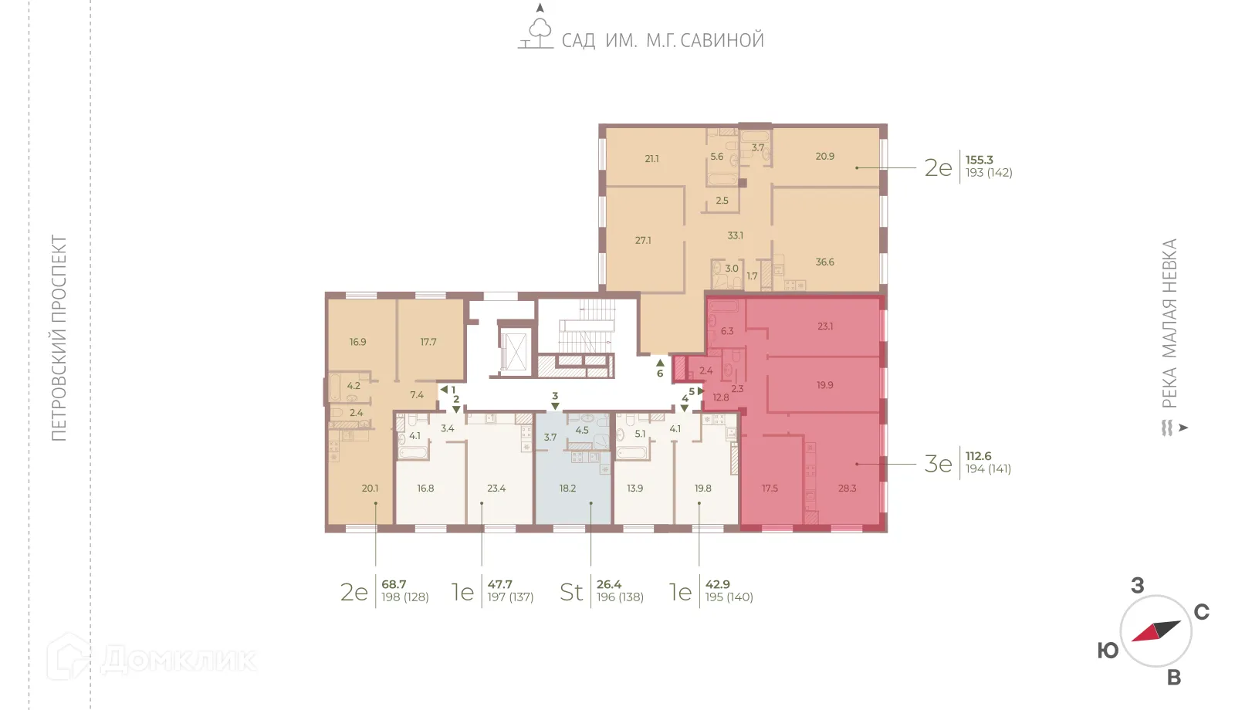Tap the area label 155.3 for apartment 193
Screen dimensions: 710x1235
pos(979,160)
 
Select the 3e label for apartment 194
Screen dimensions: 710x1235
pos(938,464)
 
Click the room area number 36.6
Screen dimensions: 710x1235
pos(824,262)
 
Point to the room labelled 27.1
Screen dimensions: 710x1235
pos(643,241)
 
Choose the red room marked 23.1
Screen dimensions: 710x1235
pos(825,326)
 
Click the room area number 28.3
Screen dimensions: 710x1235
pos(847,489)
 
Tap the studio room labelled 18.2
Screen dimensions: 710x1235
pos(567,489)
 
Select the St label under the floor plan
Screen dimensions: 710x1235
pos(571,592)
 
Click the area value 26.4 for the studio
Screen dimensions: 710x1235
pos(609,584)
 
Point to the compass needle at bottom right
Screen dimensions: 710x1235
pos(1155,631)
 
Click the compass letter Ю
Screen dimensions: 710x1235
pos(1108,651)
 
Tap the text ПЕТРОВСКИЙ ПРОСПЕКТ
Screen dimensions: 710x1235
pos(59,338)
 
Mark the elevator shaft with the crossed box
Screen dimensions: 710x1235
pos(513,350)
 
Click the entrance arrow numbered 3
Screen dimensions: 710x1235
pos(555,406)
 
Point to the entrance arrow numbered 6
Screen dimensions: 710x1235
pos(660,362)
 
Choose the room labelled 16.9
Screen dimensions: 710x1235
pos(357,342)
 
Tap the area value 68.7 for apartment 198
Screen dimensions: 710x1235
pos(394,584)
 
